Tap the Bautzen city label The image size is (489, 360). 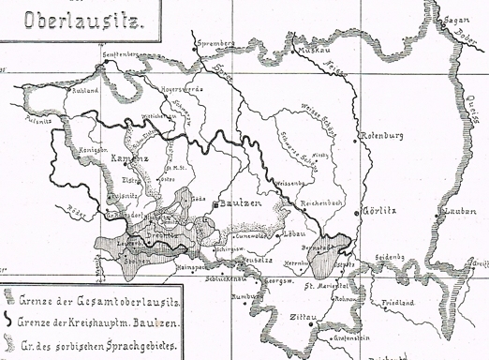coord(240,202)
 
